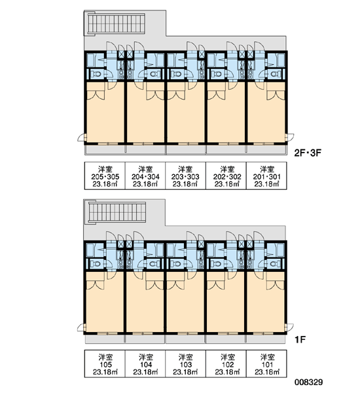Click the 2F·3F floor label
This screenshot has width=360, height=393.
point(308,153)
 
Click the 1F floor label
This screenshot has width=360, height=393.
point(300,339)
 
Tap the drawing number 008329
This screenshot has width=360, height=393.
point(309,382)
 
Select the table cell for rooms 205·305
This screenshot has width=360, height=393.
point(105,176)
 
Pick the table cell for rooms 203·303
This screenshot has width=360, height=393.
point(185,176)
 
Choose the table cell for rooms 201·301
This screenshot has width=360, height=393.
point(266,176)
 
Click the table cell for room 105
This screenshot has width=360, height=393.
point(105,364)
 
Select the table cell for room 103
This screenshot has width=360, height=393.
point(185,364)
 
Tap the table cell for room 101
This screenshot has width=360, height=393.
point(266,364)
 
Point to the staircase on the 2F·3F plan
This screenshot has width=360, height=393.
point(117,24)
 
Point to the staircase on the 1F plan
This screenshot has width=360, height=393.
point(117,213)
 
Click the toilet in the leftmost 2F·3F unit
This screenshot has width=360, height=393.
point(96,74)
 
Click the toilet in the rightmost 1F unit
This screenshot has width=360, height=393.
point(274,264)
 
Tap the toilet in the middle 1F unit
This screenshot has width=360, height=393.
point(176,264)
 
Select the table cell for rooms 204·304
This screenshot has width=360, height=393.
point(145,176)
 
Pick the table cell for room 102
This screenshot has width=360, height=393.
point(226,364)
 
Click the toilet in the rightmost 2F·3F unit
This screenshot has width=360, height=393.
point(274,74)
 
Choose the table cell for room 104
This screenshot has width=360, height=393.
point(145,364)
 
